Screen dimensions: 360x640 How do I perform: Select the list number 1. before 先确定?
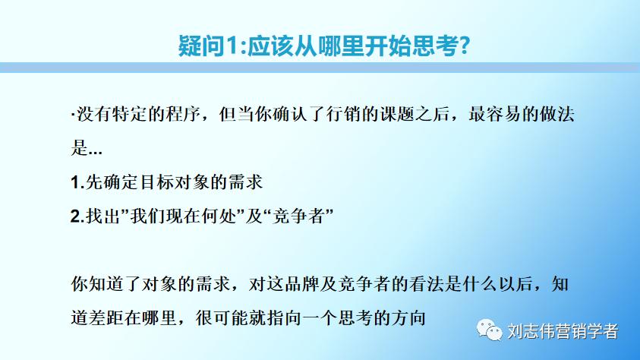tap(76, 182)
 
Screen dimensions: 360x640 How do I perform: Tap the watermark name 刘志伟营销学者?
tap(562, 332)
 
